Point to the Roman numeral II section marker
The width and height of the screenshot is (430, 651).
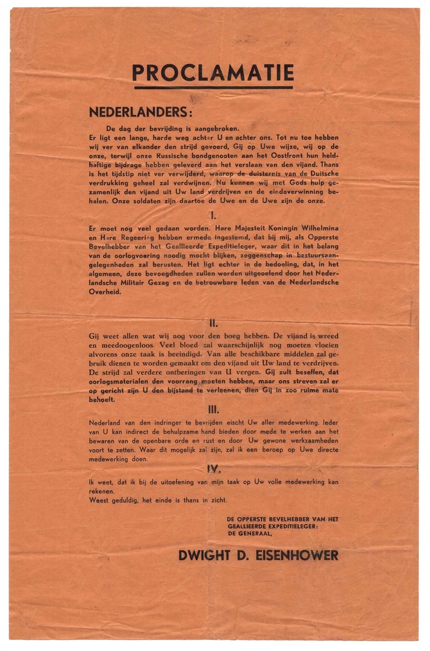tap(213, 322)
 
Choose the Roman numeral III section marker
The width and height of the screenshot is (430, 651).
tap(213, 409)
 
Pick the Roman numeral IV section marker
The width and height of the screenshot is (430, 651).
tap(213, 468)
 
